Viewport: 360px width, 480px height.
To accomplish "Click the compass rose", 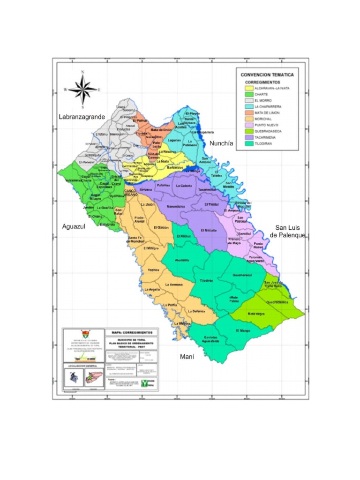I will point(83,89).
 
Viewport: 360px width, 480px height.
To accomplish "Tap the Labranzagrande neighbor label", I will point(82,117).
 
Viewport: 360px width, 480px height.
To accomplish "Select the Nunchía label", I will point(221,143).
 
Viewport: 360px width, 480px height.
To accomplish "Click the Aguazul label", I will point(73,226).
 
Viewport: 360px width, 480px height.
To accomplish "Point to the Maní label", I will point(187,357).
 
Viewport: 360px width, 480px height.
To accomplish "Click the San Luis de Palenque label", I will point(290,231).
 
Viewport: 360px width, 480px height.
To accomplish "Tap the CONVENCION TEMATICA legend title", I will point(267,75).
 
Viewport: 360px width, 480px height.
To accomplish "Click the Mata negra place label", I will point(256,314).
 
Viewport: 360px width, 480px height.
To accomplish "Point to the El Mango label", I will point(243,331).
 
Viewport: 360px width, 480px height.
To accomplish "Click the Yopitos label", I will point(153,270).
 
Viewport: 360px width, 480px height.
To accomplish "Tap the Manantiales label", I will point(176,206).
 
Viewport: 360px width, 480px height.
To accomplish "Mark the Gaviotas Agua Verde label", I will point(210,339).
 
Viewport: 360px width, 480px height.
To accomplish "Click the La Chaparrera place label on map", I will point(202,132).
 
